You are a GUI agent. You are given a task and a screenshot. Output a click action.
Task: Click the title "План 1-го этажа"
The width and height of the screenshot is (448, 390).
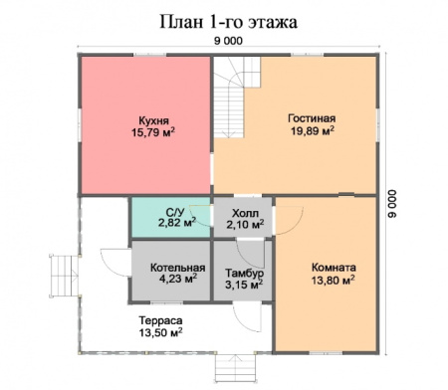(x=228, y=19)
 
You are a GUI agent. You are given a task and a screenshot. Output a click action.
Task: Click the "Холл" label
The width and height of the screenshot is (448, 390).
(x=244, y=212)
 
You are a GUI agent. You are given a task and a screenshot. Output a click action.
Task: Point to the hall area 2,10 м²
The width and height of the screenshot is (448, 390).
(x=245, y=225)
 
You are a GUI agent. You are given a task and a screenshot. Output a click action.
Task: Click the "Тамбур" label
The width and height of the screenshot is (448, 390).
(x=244, y=273)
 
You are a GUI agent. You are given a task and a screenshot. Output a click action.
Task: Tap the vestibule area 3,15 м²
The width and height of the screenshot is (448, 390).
(x=244, y=286)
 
